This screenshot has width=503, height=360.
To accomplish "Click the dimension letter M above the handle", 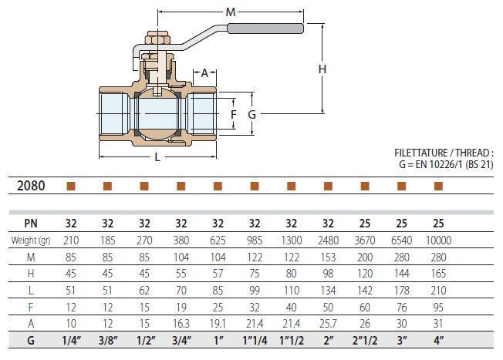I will [x=231, y=12].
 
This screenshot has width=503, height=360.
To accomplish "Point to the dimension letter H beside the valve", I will [x=322, y=69].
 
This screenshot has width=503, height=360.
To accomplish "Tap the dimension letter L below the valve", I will [x=158, y=157].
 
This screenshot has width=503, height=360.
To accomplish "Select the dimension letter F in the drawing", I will [x=234, y=113].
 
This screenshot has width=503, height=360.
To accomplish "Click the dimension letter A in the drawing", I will [x=205, y=73].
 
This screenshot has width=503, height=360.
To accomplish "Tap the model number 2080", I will [x=31, y=186].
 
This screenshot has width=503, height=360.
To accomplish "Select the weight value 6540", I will [x=401, y=241].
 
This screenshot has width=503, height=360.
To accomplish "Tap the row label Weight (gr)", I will [x=30, y=241].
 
